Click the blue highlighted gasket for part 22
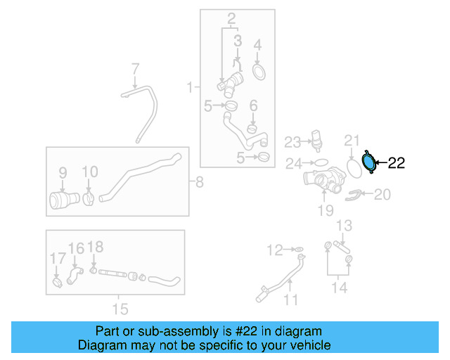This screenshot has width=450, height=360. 368,162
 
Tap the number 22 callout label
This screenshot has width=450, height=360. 397,163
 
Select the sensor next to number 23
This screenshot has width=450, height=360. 316,138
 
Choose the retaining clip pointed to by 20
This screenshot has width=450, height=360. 355,193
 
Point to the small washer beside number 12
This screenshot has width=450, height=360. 298,250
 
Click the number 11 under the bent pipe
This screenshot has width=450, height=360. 290,300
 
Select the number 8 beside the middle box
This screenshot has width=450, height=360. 199,184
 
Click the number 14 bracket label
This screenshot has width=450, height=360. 340,288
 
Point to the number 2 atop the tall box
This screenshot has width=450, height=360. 231,17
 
